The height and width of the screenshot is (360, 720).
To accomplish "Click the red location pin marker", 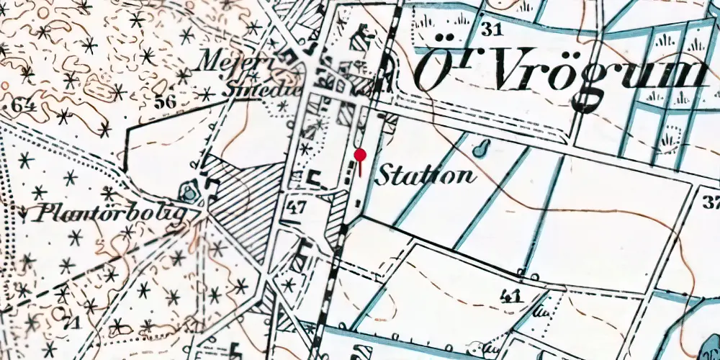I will pos(360,155).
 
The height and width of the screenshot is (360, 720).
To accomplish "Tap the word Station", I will pos(426,174).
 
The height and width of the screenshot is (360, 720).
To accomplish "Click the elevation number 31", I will pos(492,30).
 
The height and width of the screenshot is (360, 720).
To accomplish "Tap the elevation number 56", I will pos(165,102).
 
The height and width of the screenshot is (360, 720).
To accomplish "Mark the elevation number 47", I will pos(298,209).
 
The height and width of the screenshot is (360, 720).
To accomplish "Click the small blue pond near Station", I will pos(480,148).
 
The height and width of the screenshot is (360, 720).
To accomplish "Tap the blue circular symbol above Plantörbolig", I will pos(189,192).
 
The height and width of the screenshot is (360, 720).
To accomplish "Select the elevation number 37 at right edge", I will pos(712,202).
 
